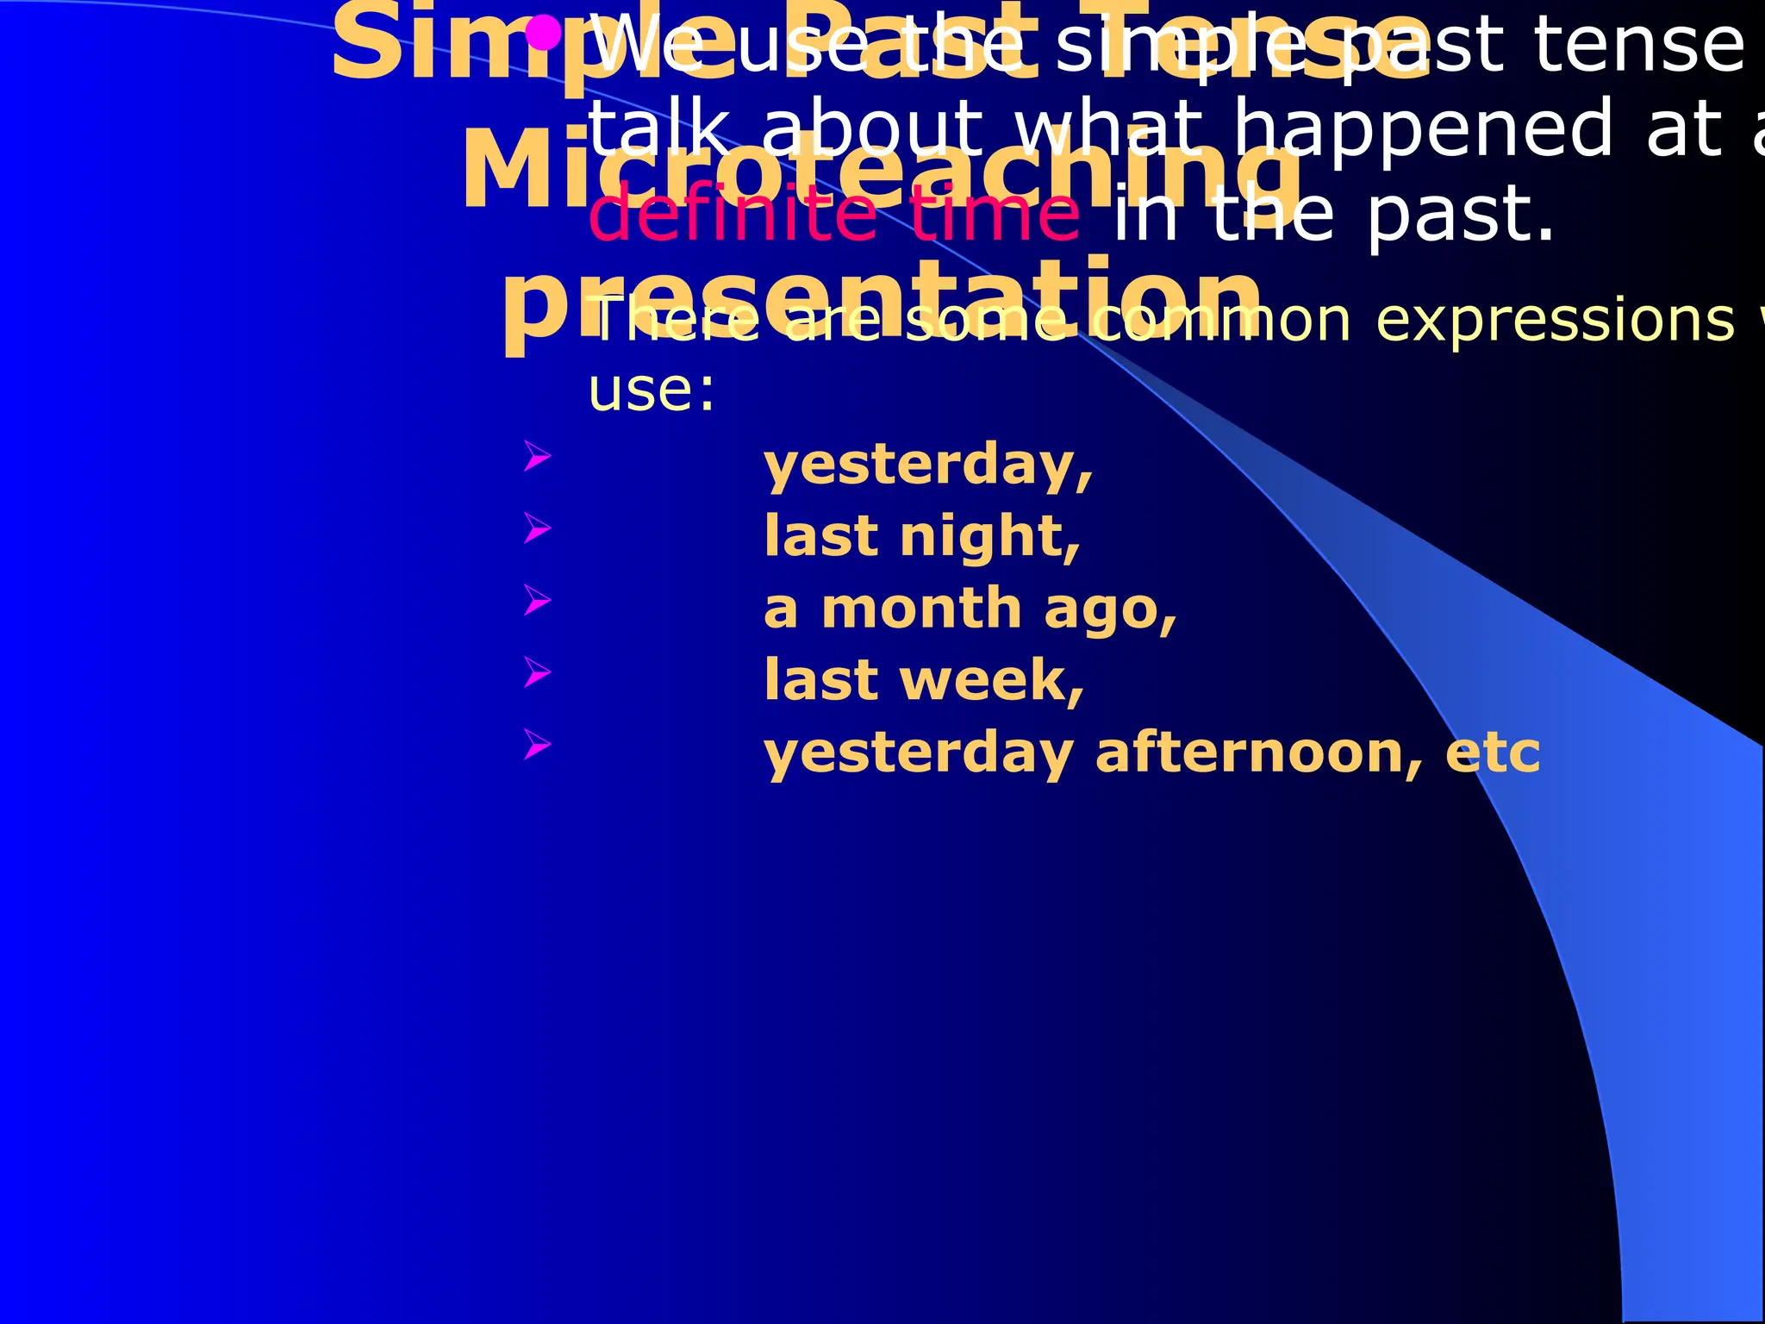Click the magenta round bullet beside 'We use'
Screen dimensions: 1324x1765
[544, 34]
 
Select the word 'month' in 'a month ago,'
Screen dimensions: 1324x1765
[921, 609]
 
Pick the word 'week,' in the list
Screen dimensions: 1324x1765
[991, 680]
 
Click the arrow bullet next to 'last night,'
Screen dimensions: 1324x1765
[537, 528]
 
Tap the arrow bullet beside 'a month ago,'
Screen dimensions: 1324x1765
[537, 600]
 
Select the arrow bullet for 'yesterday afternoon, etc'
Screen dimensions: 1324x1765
[537, 743]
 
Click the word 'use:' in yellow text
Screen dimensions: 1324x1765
[651, 390]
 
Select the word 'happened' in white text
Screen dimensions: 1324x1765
[1422, 129]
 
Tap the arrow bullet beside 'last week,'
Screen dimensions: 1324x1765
[537, 671]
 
